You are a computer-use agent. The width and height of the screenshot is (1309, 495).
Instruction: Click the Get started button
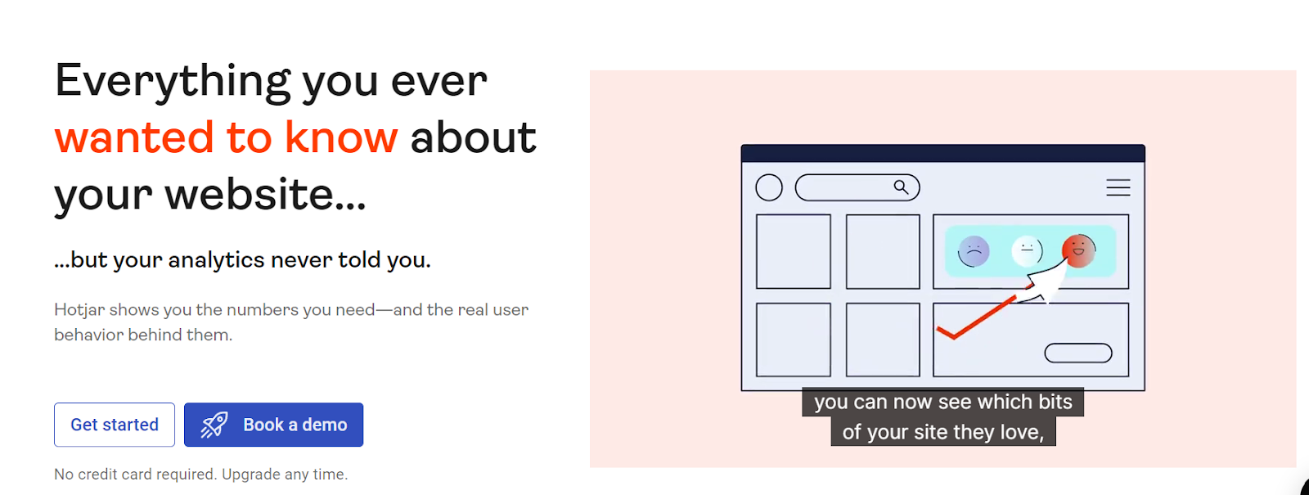click(115, 425)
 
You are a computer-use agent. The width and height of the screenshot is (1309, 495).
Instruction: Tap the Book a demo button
click(273, 425)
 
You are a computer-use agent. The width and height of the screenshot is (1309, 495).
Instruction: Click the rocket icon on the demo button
click(214, 425)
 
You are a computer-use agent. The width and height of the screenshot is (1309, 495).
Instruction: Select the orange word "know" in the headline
click(341, 138)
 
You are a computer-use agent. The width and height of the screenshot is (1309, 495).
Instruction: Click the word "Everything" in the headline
click(173, 82)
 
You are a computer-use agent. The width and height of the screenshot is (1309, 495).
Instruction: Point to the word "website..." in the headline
click(265, 194)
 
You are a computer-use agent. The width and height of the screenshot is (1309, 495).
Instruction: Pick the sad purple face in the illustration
click(974, 251)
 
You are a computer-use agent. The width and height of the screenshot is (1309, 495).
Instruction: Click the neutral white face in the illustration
click(1027, 250)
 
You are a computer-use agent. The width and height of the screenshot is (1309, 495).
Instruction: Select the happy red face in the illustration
click(1079, 250)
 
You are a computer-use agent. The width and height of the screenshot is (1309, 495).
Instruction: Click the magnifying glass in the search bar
click(901, 187)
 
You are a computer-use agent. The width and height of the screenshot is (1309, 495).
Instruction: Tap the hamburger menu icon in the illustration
click(1118, 187)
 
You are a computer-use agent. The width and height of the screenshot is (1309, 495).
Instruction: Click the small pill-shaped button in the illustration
click(1078, 353)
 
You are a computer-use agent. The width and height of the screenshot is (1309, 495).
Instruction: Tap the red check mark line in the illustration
click(977, 318)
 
